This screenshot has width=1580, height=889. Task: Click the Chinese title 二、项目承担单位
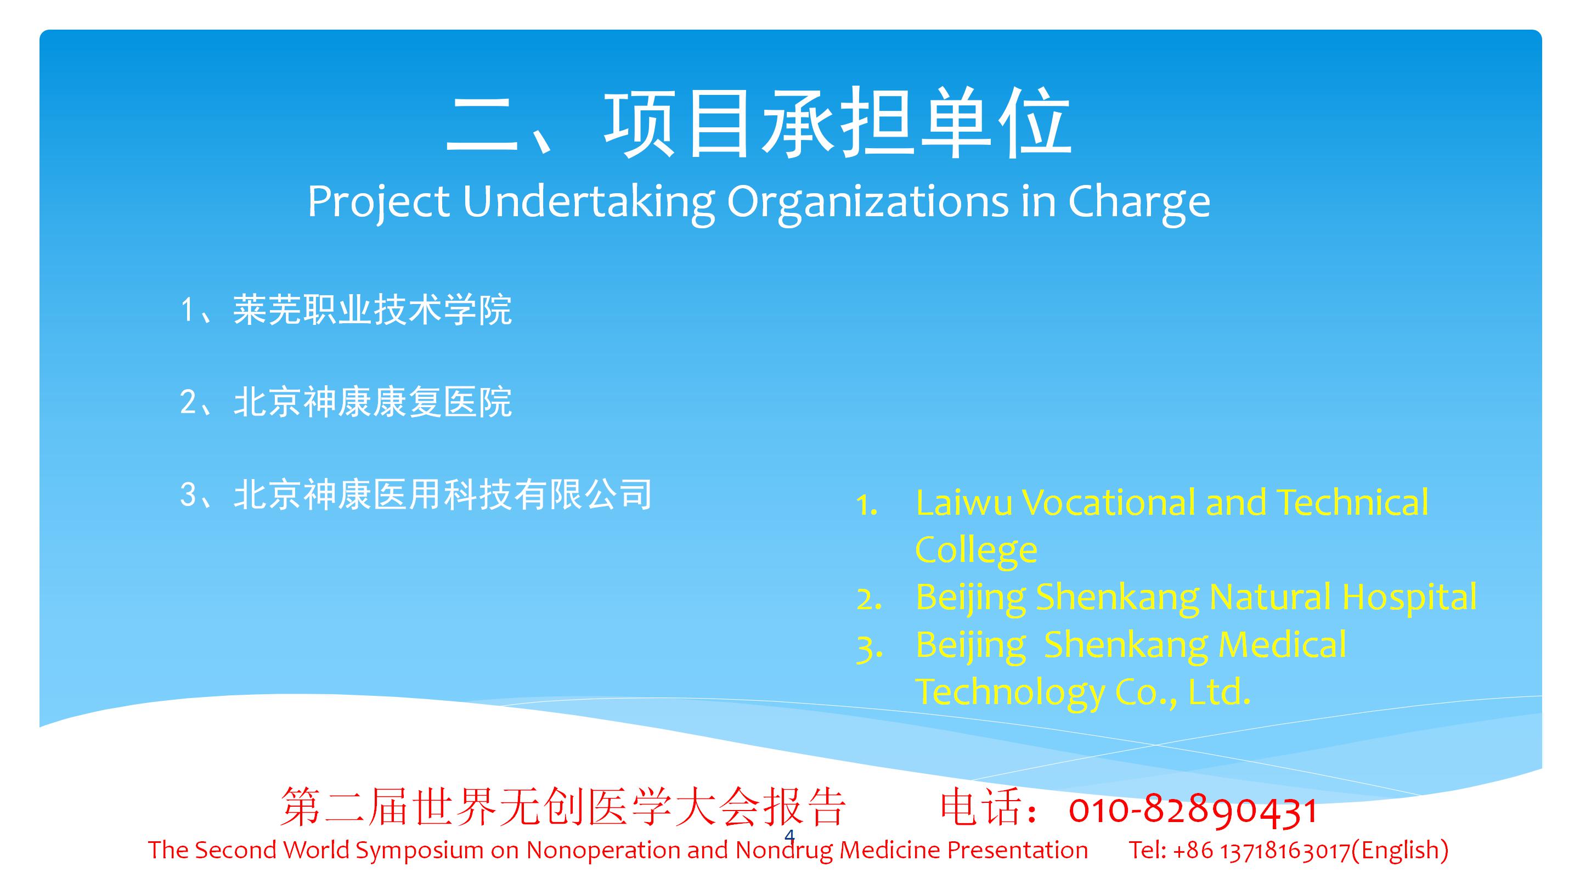(x=759, y=123)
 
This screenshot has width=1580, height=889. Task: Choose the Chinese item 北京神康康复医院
(x=373, y=402)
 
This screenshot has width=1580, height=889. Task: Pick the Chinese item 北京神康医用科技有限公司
(x=442, y=494)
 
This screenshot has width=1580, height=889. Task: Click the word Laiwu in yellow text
(x=963, y=503)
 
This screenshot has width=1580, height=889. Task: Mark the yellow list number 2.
(x=868, y=600)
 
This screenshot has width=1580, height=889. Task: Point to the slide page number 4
(x=789, y=836)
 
